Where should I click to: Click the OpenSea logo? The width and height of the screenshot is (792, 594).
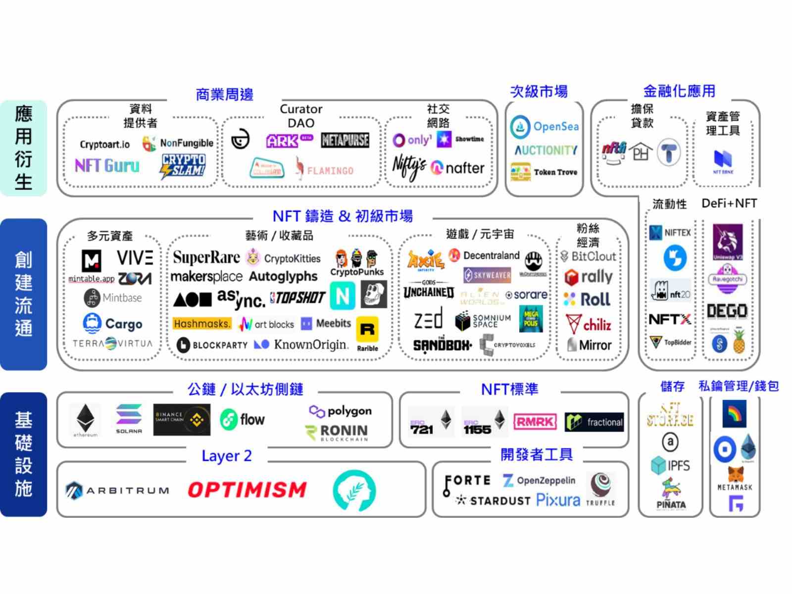coord(544,127)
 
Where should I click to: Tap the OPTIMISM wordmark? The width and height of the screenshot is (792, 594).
coord(247,490)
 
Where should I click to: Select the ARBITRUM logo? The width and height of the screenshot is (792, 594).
coord(117,491)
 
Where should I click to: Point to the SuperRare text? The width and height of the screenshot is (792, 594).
coord(206,257)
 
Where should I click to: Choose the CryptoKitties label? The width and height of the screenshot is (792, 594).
coord(292,258)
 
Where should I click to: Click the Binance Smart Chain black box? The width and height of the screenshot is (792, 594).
coord(182,420)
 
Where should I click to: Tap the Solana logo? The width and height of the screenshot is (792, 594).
coord(129,418)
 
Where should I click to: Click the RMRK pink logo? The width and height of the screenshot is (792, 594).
coord(535,422)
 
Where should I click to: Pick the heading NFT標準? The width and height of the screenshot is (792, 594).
coord(509,390)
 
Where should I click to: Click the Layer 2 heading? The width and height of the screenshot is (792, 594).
coord(226,456)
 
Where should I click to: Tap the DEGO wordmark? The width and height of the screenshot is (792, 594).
coord(727,311)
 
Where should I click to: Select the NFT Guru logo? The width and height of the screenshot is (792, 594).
coord(107,165)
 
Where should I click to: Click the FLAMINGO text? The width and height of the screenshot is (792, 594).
coord(330,171)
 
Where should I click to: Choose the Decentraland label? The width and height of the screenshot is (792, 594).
coord(491,255)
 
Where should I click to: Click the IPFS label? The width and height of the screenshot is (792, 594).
coord(678,465)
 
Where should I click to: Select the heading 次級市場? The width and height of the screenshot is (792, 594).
coord(539,92)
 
